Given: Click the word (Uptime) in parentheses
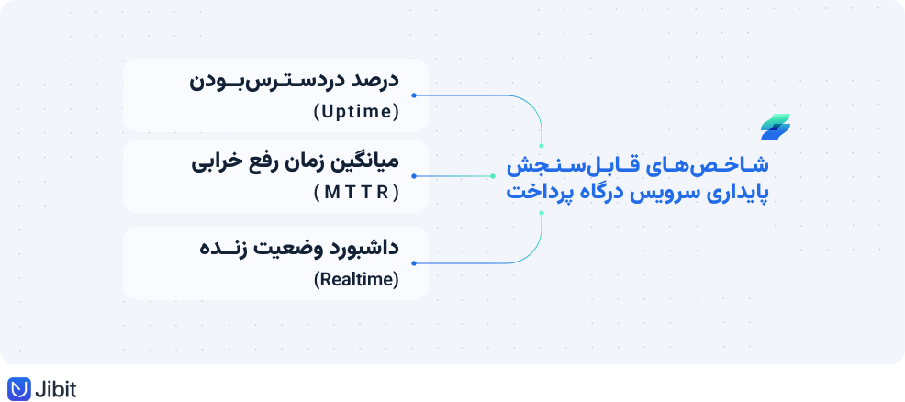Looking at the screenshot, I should (x=357, y=112).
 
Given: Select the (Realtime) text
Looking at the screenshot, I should (x=357, y=280).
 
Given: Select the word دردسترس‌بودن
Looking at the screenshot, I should (x=264, y=81).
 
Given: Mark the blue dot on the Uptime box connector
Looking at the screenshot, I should (x=414, y=95).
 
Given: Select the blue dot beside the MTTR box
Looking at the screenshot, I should (x=414, y=176).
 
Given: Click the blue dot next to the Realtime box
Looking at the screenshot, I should (x=414, y=263).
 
